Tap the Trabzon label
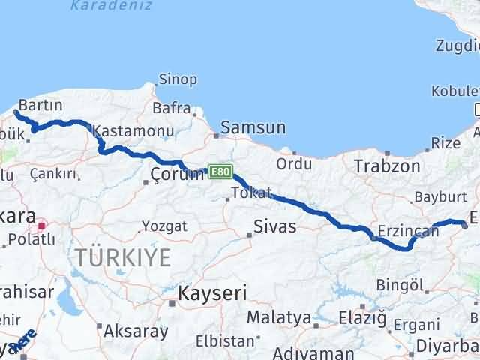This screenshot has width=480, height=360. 387,166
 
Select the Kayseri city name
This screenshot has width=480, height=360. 212,292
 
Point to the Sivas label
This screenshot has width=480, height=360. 275,226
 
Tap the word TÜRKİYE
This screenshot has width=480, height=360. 122,258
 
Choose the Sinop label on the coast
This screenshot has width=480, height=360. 178,79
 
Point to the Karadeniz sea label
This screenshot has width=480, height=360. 111,6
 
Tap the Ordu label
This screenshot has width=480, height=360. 294,163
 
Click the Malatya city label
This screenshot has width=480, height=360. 278,317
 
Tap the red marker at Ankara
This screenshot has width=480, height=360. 43,224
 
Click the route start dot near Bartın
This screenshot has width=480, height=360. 16,113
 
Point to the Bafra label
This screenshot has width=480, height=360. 171,108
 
